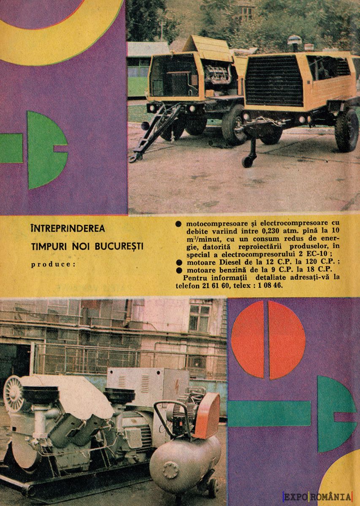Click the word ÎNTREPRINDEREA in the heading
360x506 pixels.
(68, 229)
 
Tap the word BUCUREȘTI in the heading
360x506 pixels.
(119, 247)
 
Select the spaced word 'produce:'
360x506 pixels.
(53, 264)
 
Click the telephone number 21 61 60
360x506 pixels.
(214, 285)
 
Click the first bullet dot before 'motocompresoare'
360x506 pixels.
(179, 223)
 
